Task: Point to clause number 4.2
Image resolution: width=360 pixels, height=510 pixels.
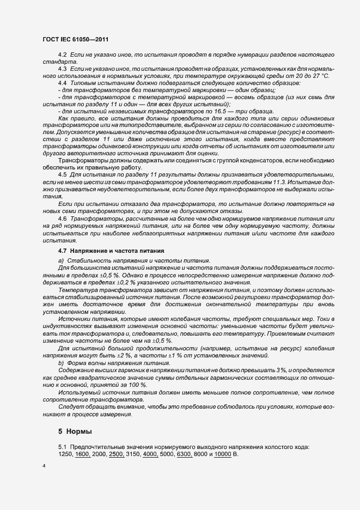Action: [x=62, y=56]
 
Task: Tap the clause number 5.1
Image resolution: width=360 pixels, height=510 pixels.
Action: [x=62, y=447]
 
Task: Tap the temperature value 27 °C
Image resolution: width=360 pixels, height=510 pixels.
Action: [x=322, y=77]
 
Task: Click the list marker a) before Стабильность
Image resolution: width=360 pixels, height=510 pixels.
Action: [x=61, y=262]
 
